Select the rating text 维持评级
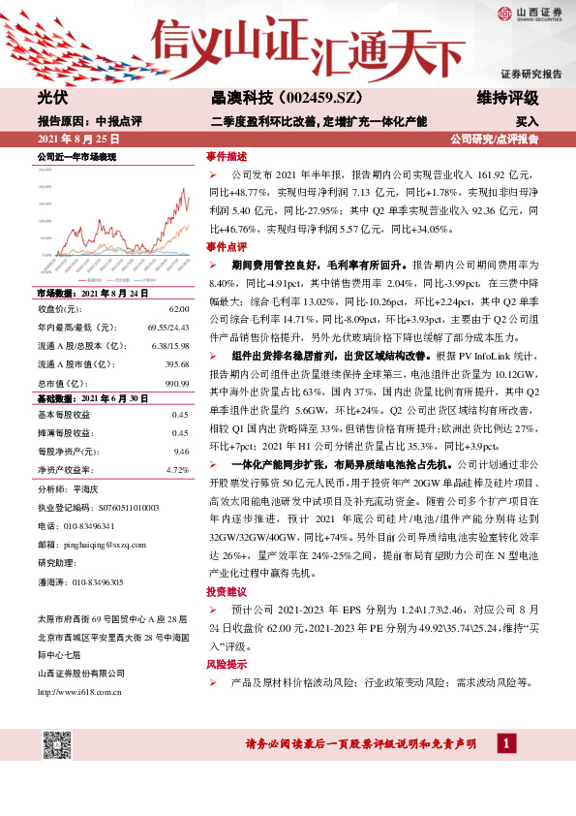click(x=507, y=98)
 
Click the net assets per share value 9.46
click(x=180, y=451)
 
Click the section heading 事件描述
click(x=227, y=156)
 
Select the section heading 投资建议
click(x=227, y=590)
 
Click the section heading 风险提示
click(x=227, y=666)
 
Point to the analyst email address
click(x=108, y=545)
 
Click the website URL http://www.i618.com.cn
click(x=78, y=692)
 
